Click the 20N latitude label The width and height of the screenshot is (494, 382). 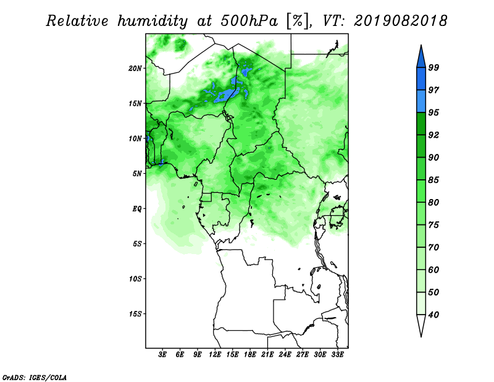click(x=135, y=69)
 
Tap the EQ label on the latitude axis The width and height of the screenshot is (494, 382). click(x=137, y=209)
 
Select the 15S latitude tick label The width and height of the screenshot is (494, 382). click(x=135, y=314)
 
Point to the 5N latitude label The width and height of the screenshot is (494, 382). click(x=137, y=174)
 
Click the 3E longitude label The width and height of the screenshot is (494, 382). click(x=162, y=355)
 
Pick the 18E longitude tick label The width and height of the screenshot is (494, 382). click(x=250, y=355)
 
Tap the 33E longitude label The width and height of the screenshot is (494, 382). click(x=337, y=355)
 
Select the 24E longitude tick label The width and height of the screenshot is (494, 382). click(x=285, y=355)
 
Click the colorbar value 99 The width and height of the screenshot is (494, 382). click(x=433, y=68)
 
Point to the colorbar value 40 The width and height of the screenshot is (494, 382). click(x=433, y=315)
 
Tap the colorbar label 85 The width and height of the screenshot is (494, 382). click(x=433, y=180)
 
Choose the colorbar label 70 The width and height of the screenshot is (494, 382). click(x=433, y=247)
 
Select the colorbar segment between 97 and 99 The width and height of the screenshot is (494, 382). click(x=421, y=79)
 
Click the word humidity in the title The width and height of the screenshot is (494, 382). click(x=153, y=22)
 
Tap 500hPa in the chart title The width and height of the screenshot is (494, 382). click(x=249, y=21)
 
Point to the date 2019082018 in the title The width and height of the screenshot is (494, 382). click(x=400, y=21)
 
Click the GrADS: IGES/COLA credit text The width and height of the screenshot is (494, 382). click(x=35, y=377)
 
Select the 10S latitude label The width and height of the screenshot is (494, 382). click(x=135, y=279)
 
